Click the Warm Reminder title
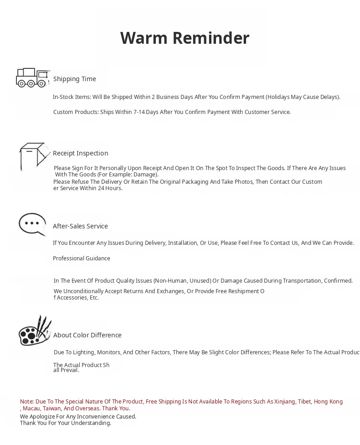(185, 38)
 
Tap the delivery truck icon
(32, 78)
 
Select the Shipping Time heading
(75, 79)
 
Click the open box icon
(34, 156)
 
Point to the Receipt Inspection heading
(81, 153)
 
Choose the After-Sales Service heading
(80, 226)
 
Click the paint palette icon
(35, 331)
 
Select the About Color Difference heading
(87, 335)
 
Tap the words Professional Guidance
(82, 259)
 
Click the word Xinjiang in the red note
(284, 402)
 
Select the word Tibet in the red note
(304, 402)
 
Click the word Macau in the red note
(31, 409)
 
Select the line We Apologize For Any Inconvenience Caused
(78, 417)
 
